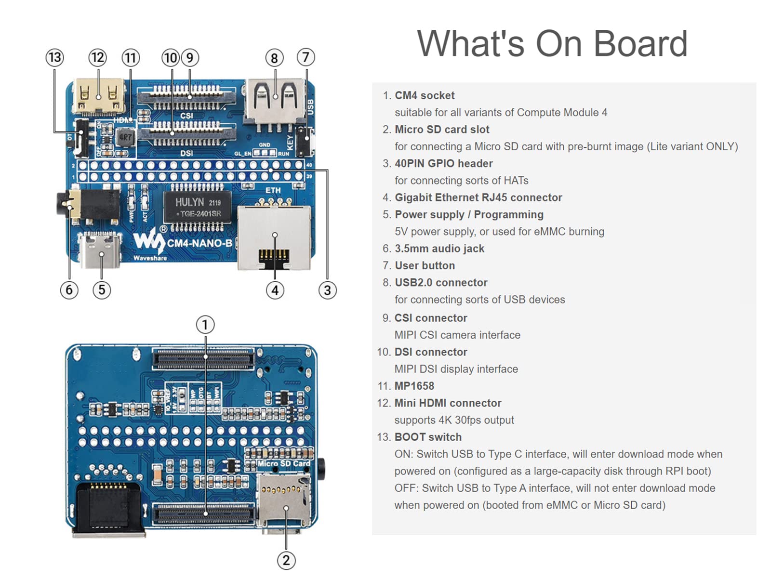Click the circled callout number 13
click(54, 58)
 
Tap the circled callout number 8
click(274, 58)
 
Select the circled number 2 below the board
click(286, 560)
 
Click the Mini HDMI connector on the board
click(99, 97)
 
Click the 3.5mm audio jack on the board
click(89, 206)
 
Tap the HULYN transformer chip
click(197, 207)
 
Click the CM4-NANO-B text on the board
click(199, 243)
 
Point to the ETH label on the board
click(273, 190)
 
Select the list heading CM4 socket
click(425, 95)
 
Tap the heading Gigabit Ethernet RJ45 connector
click(478, 197)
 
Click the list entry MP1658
click(414, 386)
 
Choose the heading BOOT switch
click(428, 437)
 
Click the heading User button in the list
click(425, 265)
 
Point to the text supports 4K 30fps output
click(454, 420)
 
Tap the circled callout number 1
click(205, 325)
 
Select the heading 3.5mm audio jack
click(439, 249)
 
